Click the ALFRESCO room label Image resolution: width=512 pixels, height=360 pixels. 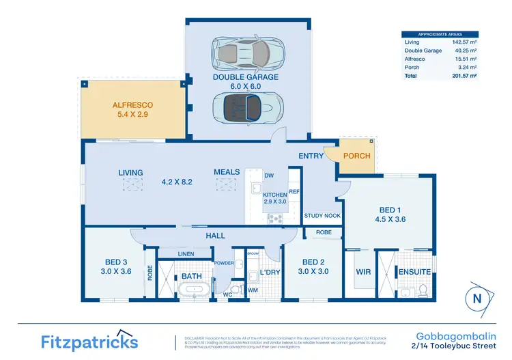point(132,106)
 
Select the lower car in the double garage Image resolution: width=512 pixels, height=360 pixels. point(247,107)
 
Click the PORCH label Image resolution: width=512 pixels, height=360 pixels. point(356,156)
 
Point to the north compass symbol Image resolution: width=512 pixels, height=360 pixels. point(477,298)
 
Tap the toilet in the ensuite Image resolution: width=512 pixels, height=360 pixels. point(423,290)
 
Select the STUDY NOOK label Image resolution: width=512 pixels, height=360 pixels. point(322,216)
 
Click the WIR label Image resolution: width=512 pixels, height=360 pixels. point(362,271)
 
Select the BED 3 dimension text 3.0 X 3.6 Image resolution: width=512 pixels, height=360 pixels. point(116,272)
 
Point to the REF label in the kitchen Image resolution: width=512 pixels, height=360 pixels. point(294,192)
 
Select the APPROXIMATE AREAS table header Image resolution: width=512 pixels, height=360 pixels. point(439,34)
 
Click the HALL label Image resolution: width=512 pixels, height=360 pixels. point(216,236)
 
